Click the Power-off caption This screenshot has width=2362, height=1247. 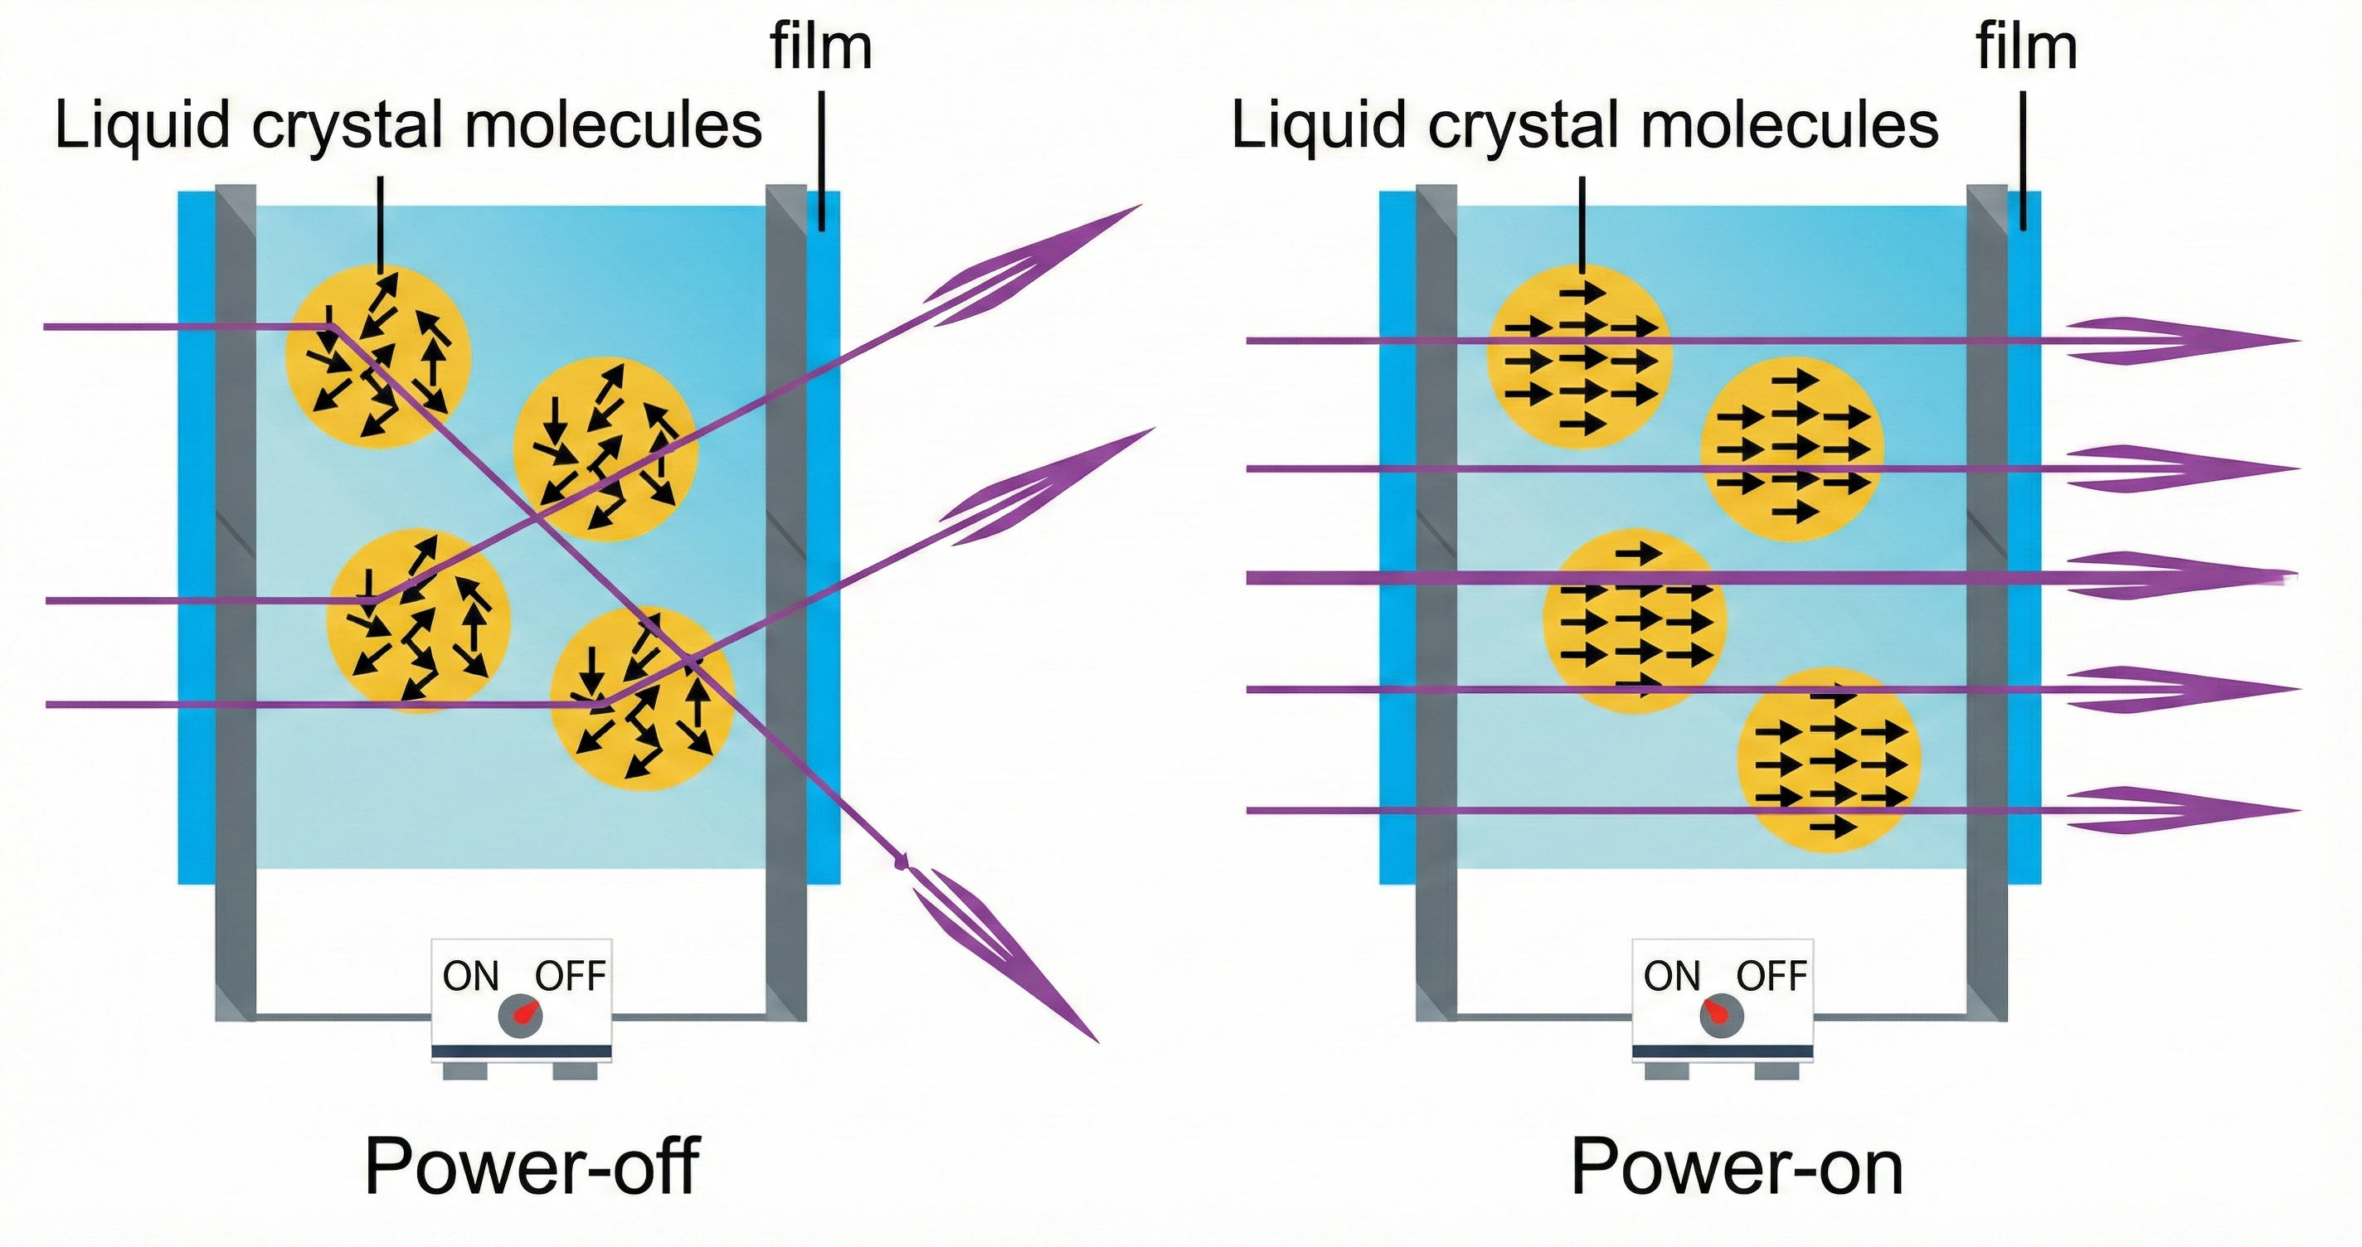tap(532, 1167)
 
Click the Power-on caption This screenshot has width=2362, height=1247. tap(1737, 1167)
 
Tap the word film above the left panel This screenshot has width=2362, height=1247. tap(821, 48)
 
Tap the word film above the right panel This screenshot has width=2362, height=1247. tap(2026, 48)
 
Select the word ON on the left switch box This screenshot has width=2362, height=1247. tap(470, 977)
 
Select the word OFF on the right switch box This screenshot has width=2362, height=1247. tap(1771, 977)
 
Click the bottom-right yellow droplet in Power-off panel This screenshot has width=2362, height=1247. tap(643, 699)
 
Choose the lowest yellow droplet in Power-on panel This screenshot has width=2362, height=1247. tap(1830, 761)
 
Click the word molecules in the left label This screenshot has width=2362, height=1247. tap(614, 126)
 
